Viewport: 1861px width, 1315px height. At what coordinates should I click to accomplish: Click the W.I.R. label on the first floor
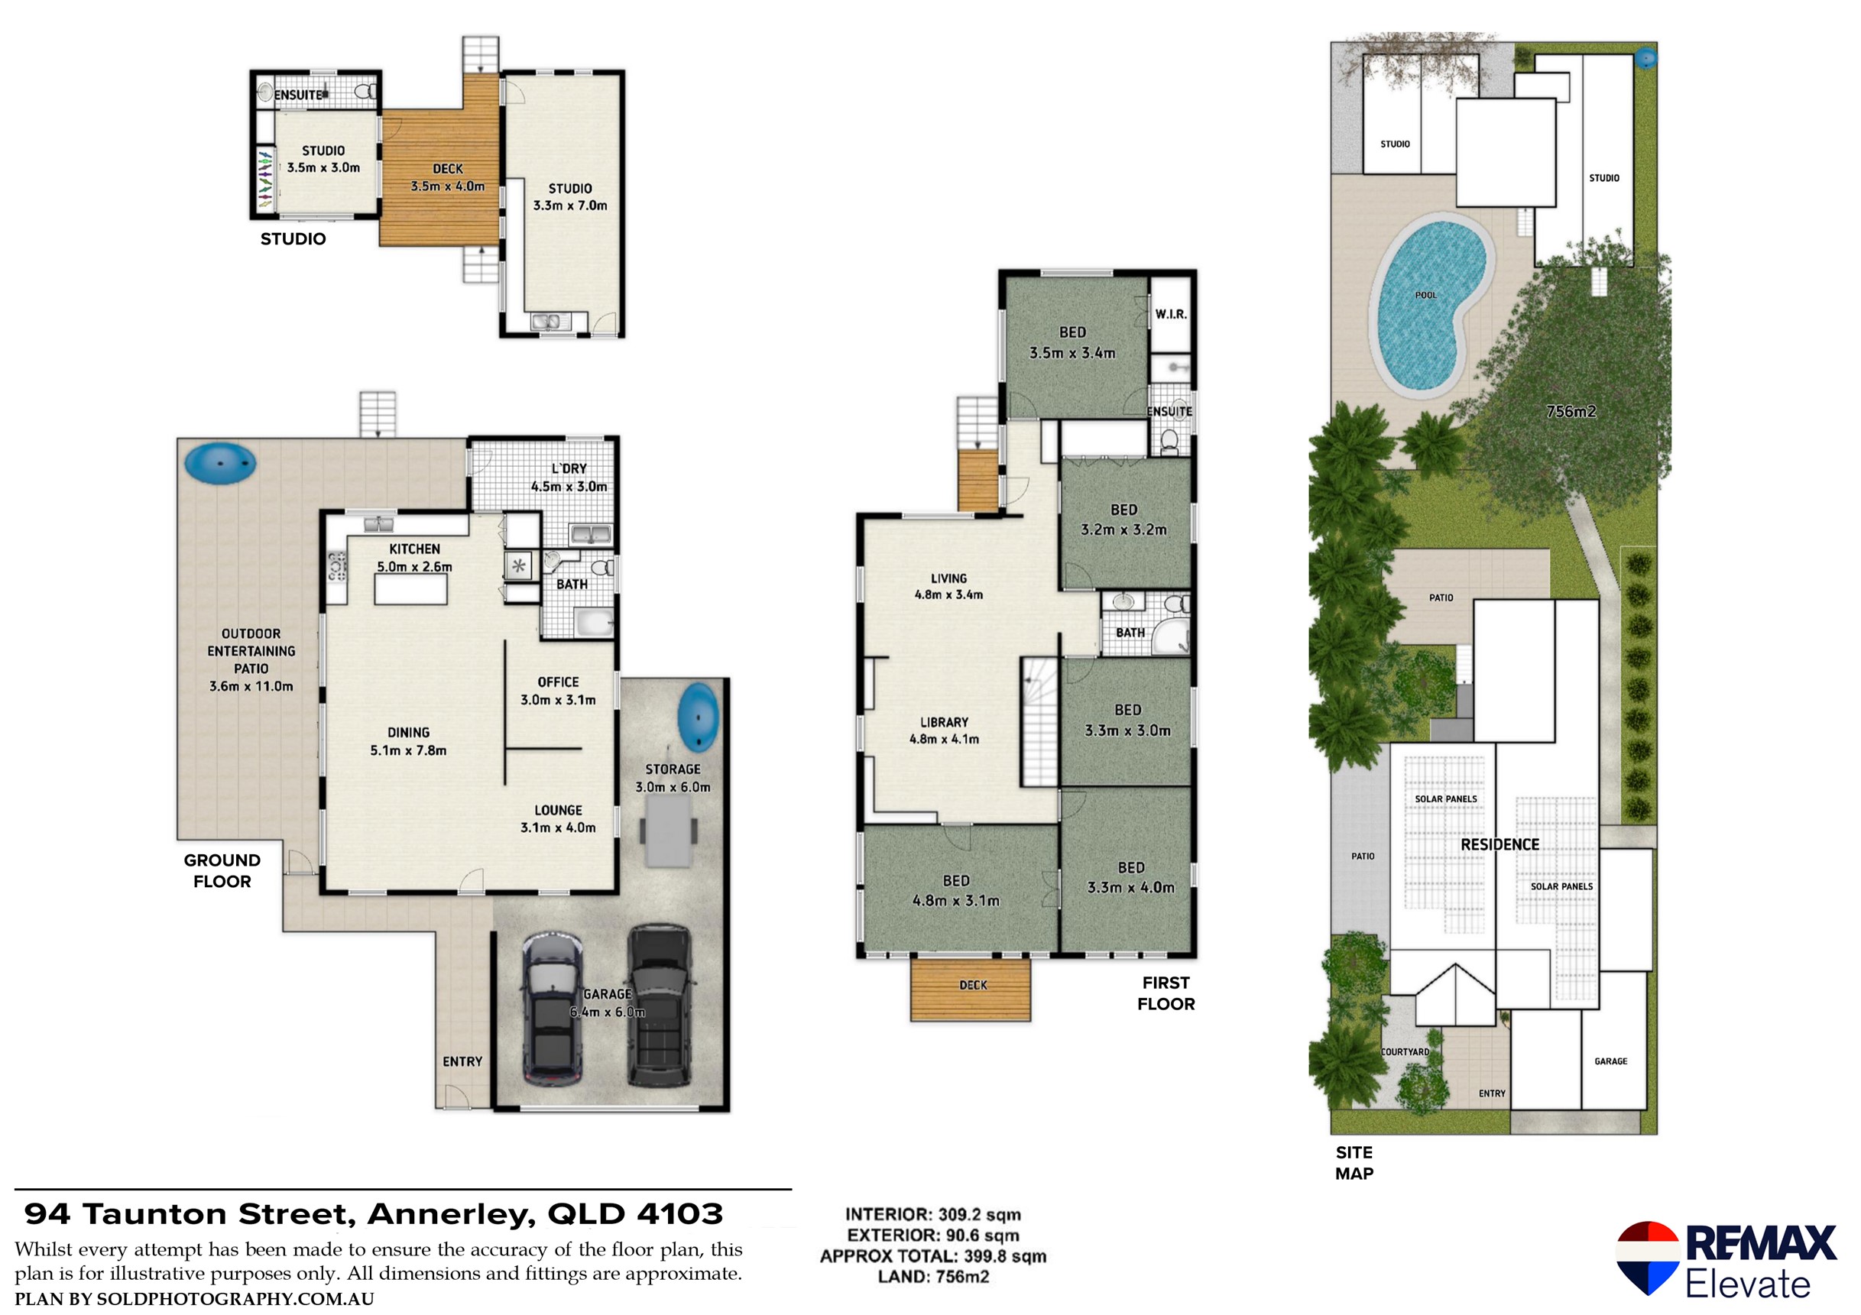(1170, 313)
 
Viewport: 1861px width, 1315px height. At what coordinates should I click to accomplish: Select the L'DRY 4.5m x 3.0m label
(569, 478)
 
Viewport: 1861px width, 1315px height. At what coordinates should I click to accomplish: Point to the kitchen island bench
(410, 589)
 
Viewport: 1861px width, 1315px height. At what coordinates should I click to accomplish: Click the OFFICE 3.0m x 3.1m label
(558, 690)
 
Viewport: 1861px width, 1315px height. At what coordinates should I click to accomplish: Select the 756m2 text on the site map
(1570, 412)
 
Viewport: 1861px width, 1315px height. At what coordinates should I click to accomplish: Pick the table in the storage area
(668, 831)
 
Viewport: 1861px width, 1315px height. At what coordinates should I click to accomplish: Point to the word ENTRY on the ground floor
(462, 1061)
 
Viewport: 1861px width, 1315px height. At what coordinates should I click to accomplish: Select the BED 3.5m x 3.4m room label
(1072, 342)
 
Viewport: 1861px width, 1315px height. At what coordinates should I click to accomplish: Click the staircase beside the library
(1039, 723)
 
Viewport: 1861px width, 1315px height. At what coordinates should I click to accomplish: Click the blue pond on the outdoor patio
(219, 462)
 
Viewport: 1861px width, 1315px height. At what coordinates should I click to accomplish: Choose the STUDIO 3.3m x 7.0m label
(570, 197)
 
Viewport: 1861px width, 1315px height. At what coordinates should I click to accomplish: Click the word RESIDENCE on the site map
(1499, 844)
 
